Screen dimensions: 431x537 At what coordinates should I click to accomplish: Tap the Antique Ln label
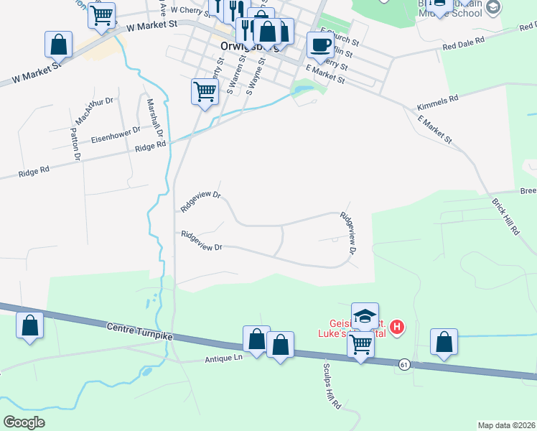point(224,357)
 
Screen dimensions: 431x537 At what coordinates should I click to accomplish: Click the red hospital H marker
point(396,329)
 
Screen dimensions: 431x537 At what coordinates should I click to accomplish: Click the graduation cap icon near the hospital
point(365,316)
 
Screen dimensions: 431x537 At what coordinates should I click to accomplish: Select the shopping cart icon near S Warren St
point(205,92)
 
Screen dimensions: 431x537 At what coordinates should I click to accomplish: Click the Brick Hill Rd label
point(506,215)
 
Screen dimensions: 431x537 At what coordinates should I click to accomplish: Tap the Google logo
point(24,422)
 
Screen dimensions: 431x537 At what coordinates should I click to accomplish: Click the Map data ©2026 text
point(505,425)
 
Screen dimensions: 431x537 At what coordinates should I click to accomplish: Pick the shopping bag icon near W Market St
point(59,45)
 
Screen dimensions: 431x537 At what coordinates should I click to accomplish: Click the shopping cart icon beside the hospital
point(360,345)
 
